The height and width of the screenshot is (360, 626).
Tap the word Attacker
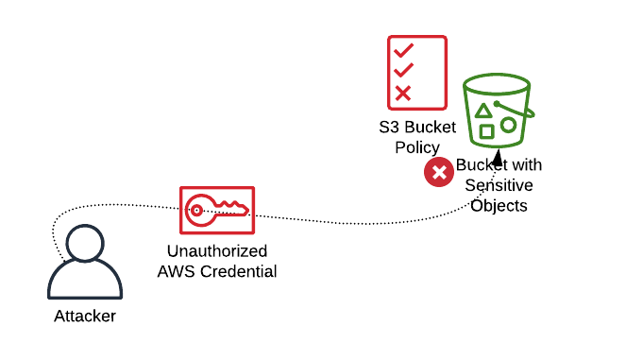[x=85, y=316]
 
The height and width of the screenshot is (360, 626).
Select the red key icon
[x=217, y=210]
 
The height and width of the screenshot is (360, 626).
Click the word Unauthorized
[x=217, y=251]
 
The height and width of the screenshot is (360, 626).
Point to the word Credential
[x=238, y=272]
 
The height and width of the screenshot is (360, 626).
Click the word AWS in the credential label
[x=177, y=272]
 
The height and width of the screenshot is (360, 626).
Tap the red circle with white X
[x=439, y=172]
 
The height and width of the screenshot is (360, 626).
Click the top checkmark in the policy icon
[x=403, y=51]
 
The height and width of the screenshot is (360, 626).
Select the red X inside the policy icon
[x=403, y=94]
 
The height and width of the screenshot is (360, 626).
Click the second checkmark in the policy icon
[x=403, y=70]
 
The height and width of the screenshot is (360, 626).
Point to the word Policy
[x=417, y=147]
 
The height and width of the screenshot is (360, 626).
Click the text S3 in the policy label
[x=389, y=128]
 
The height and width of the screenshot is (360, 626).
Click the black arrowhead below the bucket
[x=498, y=158]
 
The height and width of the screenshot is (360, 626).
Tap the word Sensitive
[x=499, y=185]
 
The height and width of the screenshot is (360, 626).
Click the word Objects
[x=499, y=206]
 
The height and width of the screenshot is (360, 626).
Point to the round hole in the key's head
[x=196, y=210]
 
